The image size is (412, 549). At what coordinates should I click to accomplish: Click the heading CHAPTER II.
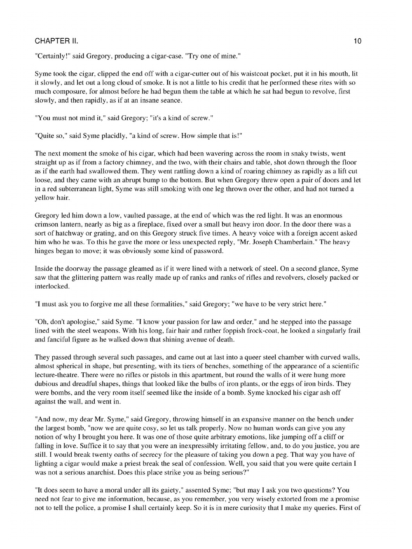click(56, 41)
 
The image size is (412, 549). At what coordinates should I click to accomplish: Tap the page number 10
click(357, 41)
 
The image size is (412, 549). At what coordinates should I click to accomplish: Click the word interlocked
click(52, 287)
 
